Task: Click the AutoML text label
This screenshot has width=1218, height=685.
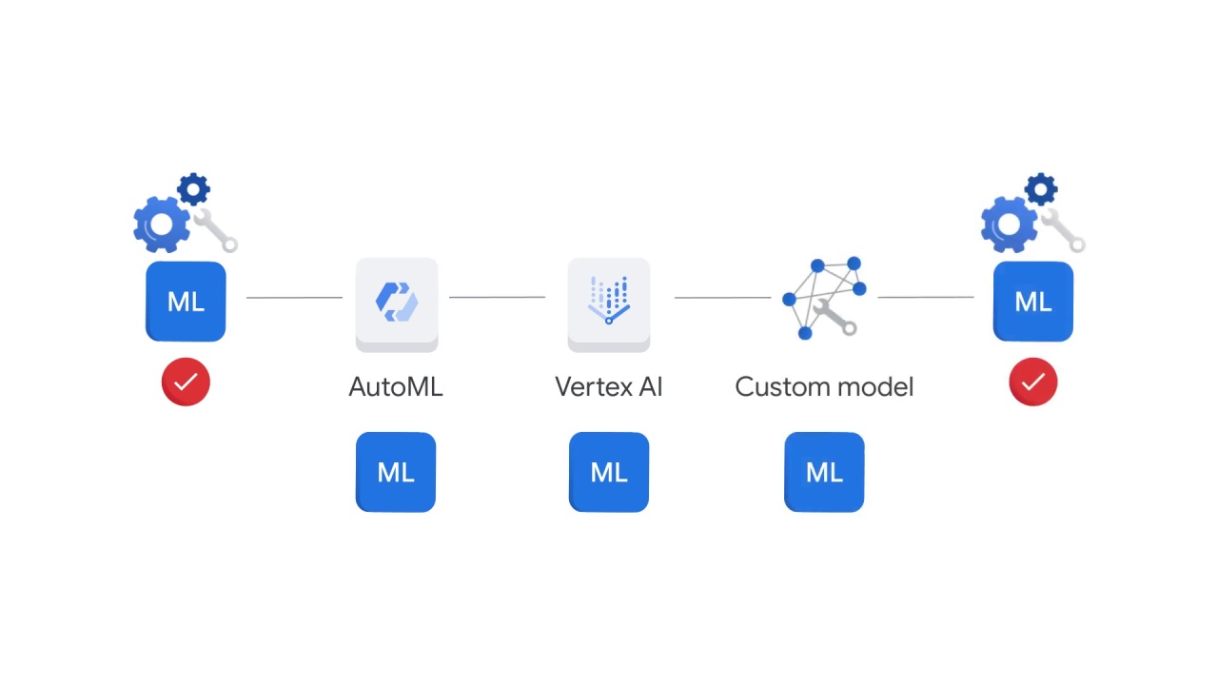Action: point(396,387)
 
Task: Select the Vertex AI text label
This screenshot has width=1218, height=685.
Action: point(609,387)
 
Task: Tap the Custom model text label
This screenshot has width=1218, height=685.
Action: point(824,387)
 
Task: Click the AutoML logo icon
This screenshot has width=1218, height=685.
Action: point(397,302)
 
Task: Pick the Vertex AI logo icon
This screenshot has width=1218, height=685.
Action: point(609,302)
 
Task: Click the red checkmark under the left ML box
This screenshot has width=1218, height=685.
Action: point(186,382)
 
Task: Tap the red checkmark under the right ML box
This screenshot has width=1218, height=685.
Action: point(1033,382)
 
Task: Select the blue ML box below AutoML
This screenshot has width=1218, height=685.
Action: point(396,473)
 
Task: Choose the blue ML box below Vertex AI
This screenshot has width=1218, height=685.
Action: point(609,473)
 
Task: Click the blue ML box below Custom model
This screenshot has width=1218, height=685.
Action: point(824,473)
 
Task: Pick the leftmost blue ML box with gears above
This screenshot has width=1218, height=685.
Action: point(186,302)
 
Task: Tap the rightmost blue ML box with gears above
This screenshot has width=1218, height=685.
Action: point(1033,302)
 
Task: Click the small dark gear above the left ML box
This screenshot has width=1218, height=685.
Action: point(194,189)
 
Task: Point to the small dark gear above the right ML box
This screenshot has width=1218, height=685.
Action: point(1042,189)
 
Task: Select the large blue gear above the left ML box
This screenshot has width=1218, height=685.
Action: point(161,225)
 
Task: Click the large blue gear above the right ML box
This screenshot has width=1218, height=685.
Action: point(1009,225)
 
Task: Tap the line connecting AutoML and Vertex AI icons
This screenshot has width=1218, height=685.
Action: point(497,298)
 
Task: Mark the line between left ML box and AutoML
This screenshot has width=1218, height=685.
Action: point(294,298)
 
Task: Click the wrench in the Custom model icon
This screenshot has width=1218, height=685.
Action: point(836,317)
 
